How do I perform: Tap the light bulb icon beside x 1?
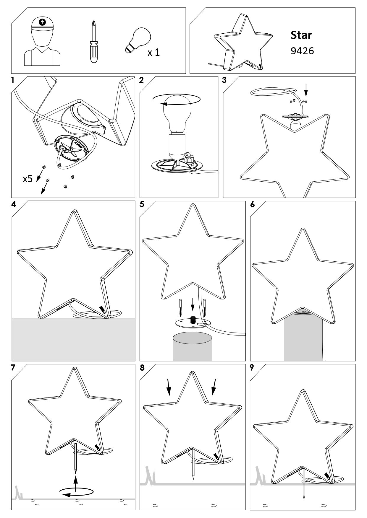(138, 40)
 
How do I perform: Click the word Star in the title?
(301, 35)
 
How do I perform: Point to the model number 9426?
(302, 51)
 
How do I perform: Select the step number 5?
(142, 204)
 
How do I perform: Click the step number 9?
(252, 368)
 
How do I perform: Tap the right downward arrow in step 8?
(214, 387)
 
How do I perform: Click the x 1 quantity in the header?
(153, 53)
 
